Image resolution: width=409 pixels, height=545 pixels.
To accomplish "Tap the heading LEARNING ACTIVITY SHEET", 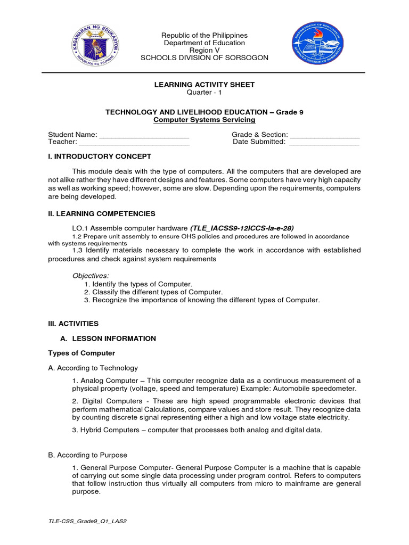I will (x=204, y=85).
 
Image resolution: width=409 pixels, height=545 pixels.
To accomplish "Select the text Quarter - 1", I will (x=204, y=93).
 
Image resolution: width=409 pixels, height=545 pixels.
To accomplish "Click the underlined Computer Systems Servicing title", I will (x=204, y=120).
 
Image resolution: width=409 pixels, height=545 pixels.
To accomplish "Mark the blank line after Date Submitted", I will (x=324, y=142).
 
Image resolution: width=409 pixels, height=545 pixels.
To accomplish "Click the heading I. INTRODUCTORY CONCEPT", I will (x=100, y=156).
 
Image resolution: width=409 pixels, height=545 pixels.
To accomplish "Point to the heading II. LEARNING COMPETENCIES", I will (x=102, y=213).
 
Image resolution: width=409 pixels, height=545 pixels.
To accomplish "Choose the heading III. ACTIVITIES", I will (x=73, y=323).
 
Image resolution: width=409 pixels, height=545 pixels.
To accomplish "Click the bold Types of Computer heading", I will (x=81, y=353).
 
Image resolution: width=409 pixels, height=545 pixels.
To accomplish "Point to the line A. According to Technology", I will (x=93, y=368).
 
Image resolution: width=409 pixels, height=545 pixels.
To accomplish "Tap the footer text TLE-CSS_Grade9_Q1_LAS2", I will (x=87, y=521).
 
